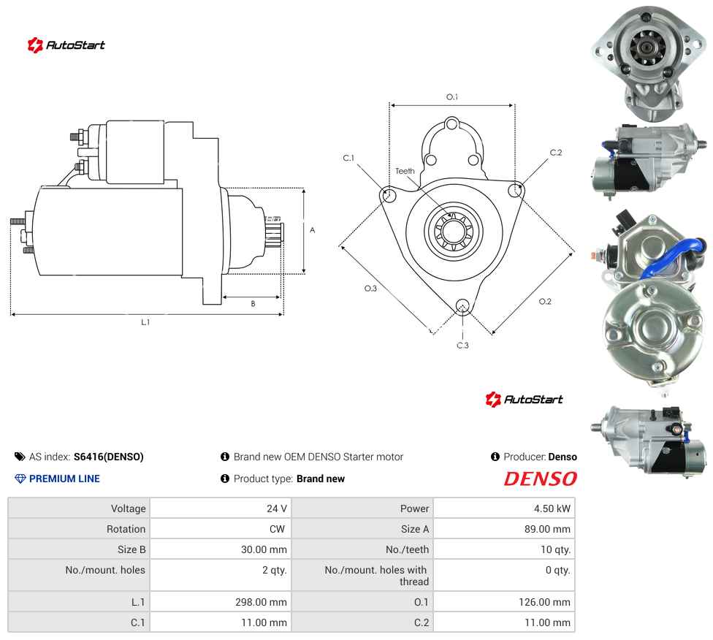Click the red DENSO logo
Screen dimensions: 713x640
click(x=540, y=479)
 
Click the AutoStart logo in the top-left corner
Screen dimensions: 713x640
click(x=66, y=45)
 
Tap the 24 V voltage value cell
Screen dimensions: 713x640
click(x=276, y=508)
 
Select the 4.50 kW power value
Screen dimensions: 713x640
click(x=552, y=508)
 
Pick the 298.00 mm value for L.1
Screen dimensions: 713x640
click(x=261, y=602)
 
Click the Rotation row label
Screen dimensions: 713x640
click(x=126, y=529)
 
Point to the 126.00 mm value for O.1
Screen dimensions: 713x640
click(x=544, y=602)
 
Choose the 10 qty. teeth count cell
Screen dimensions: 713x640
click(x=555, y=549)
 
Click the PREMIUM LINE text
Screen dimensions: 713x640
click(x=64, y=479)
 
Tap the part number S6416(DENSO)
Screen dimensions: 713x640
click(x=109, y=457)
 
